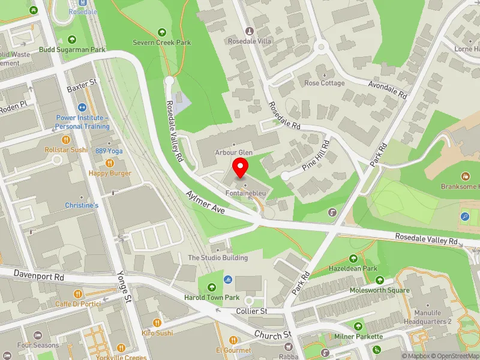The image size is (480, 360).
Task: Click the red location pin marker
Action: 241,168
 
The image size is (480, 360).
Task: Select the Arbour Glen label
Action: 234,153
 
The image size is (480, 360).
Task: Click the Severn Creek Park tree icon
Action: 161,32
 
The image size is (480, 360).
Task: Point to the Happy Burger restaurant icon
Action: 110,163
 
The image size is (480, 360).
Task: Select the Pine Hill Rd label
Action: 317,155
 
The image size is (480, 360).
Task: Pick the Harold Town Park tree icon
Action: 211,287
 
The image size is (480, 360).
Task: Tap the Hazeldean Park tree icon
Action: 353,258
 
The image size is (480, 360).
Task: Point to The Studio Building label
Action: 218,258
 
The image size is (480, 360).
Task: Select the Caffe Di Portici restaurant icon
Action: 78,293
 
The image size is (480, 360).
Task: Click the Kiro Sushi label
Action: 157,332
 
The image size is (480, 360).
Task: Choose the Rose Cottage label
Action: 324,83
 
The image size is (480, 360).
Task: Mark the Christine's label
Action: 82,205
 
